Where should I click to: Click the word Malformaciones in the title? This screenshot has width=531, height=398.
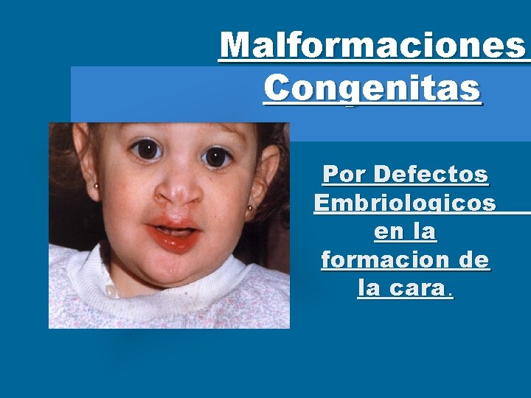click(x=373, y=46)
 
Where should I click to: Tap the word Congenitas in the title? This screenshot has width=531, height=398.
click(x=372, y=90)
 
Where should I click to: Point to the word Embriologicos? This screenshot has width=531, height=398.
click(x=405, y=203)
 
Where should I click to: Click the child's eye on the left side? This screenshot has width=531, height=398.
click(x=148, y=150)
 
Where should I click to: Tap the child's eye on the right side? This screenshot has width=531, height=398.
click(x=217, y=156)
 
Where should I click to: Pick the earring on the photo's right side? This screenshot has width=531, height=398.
click(x=250, y=209)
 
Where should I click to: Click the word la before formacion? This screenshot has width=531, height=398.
click(x=425, y=231)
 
